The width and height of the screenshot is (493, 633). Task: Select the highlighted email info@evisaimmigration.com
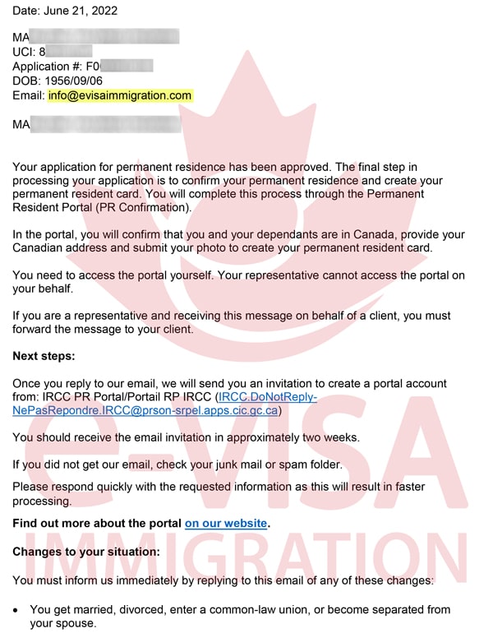120,95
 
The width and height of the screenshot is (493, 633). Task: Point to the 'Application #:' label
47,66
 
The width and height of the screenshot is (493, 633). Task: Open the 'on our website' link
226,523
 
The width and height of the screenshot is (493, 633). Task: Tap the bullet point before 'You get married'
17,609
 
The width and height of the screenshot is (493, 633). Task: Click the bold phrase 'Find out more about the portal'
96,523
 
